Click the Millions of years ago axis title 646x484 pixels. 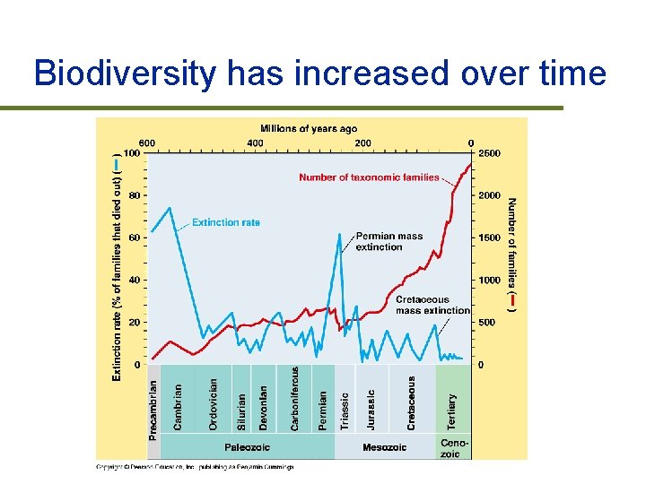pos(308,129)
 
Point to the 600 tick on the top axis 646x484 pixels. pos(146,143)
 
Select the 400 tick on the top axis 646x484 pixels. pos(255,143)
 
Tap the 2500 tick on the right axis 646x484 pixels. pos(488,153)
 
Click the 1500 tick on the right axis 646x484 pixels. pos(488,238)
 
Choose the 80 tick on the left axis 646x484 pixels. pos(134,195)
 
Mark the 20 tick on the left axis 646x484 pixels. pos(134,323)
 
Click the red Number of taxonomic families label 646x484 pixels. pos(369,177)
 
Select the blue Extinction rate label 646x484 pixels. pos(226,222)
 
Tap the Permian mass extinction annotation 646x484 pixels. pos(388,241)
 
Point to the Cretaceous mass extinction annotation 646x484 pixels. pos(432,305)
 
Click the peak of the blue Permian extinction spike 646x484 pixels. pos(340,234)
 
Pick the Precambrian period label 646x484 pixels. pos(153,409)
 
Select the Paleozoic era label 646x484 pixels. pos(247,447)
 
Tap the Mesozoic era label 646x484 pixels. pos(385,447)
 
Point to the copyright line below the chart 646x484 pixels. pos(195,466)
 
